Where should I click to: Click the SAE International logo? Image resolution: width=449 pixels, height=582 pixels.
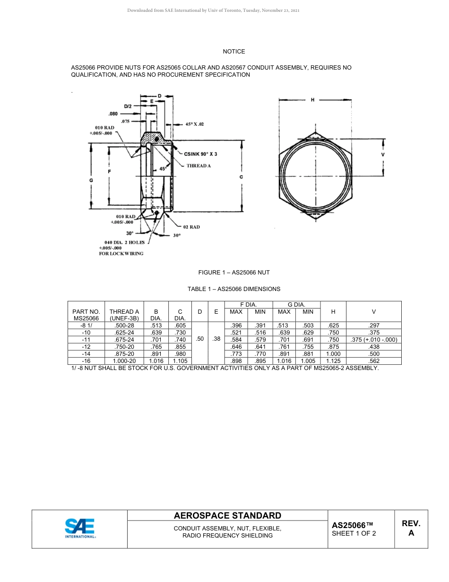pyautogui.click(x=80, y=529)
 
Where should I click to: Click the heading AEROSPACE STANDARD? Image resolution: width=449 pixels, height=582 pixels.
pyautogui.click(x=227, y=516)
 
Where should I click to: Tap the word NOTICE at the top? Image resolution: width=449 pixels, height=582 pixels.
pyautogui.click(x=234, y=52)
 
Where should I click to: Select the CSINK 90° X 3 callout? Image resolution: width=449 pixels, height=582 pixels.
pyautogui.click(x=200, y=154)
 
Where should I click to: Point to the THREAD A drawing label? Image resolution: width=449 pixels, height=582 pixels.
pyautogui.click(x=199, y=166)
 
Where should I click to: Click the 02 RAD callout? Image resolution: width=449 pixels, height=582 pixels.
pyautogui.click(x=191, y=227)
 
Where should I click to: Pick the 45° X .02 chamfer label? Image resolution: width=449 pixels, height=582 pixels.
pyautogui.click(x=195, y=124)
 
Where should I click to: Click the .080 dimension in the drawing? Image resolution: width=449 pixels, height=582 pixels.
pyautogui.click(x=113, y=114)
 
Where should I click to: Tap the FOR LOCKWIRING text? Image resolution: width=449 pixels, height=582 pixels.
pyautogui.click(x=121, y=254)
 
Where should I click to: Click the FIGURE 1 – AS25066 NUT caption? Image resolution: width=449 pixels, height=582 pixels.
pyautogui.click(x=234, y=273)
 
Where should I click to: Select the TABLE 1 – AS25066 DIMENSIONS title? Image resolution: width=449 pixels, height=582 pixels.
pyautogui.click(x=234, y=289)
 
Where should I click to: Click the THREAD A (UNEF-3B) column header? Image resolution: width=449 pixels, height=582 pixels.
pyautogui.click(x=124, y=315)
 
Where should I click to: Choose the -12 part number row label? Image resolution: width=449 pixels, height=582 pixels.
pyautogui.click(x=86, y=347)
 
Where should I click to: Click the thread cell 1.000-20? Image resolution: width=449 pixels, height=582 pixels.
pyautogui.click(x=124, y=361)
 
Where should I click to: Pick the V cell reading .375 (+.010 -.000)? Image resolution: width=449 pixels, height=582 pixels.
pyautogui.click(x=373, y=340)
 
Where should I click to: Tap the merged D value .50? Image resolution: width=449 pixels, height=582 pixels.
pyautogui.click(x=200, y=339)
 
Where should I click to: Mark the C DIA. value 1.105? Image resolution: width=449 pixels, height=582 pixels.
pyautogui.click(x=180, y=361)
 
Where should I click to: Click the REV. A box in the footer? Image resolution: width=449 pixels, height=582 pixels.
pyautogui.click(x=411, y=529)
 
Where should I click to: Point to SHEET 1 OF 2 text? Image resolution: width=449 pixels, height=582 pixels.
pyautogui.click(x=354, y=534)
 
